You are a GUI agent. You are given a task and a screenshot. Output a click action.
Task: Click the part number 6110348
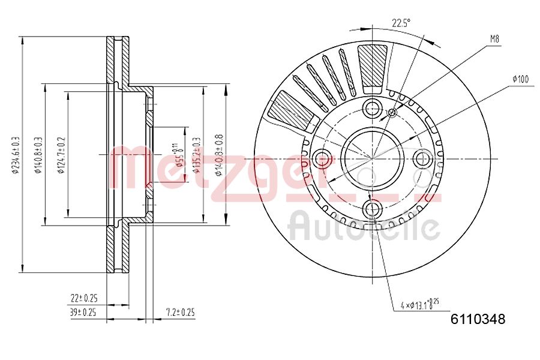click(x=478, y=319)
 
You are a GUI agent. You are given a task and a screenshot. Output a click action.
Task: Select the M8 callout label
click(x=494, y=39)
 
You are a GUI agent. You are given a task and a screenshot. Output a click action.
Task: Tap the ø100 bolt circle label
click(x=520, y=79)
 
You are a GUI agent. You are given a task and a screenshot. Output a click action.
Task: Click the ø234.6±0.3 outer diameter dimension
click(x=17, y=155)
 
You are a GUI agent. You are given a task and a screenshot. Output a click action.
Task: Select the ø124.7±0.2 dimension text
click(x=61, y=155)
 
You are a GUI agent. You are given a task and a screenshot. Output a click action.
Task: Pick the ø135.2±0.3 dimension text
click(x=196, y=155)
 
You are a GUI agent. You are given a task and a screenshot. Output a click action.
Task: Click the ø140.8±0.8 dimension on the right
click(x=220, y=155)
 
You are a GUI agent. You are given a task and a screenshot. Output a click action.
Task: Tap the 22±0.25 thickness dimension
click(x=84, y=298)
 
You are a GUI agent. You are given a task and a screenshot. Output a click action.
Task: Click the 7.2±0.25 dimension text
click(x=181, y=312)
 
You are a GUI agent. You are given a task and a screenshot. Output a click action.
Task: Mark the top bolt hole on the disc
click(x=373, y=109)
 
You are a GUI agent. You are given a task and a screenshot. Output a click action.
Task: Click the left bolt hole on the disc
click(x=323, y=159)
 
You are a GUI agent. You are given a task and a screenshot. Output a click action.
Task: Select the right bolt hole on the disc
click(x=423, y=159)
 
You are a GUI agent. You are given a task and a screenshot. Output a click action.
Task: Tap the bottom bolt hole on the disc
click(x=373, y=209)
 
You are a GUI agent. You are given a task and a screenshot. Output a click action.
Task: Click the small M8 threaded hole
click(x=392, y=112)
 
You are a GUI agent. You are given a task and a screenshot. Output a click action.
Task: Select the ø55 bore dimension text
click(x=177, y=155)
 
